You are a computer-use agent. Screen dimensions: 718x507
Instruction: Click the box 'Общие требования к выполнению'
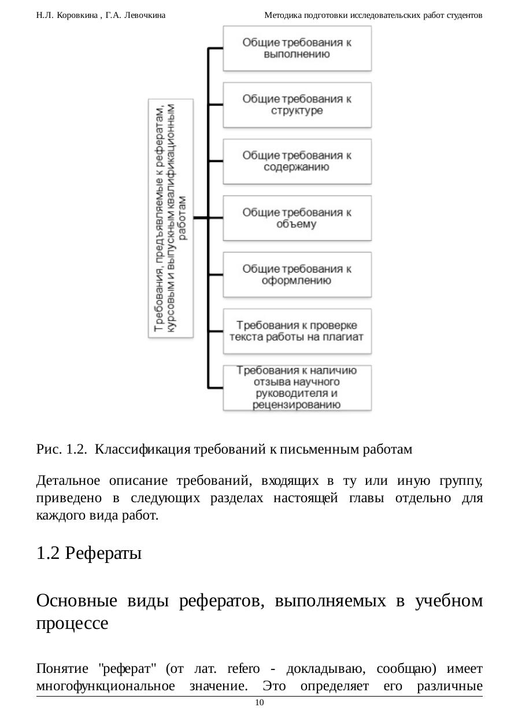(x=297, y=48)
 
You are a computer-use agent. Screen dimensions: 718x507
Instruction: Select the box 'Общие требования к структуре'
(x=297, y=105)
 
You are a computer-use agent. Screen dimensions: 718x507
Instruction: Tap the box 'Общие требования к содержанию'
(x=297, y=161)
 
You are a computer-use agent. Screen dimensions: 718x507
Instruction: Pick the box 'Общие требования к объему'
(x=297, y=218)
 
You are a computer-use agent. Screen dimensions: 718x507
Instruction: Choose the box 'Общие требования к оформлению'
(x=297, y=275)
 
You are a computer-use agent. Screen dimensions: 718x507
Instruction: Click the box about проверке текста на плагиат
(x=297, y=331)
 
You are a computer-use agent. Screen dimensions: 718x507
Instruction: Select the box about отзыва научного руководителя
(x=297, y=388)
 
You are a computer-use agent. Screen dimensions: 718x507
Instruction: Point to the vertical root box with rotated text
(x=171, y=218)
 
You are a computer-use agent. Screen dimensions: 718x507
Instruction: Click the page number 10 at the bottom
(x=259, y=702)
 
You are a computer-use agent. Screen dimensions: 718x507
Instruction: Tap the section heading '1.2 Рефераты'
(x=88, y=554)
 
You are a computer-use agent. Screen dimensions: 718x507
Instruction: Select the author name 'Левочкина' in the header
(x=145, y=16)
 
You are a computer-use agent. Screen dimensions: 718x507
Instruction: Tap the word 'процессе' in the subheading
(x=72, y=624)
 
